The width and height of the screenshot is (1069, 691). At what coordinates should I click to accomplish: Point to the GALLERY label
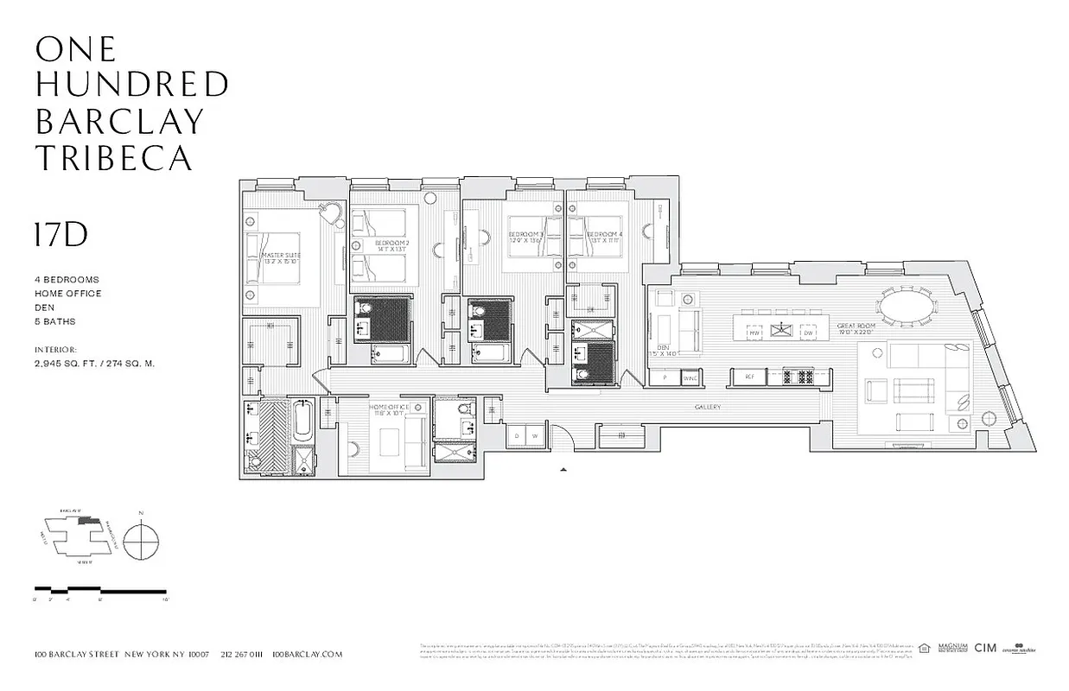click(706, 408)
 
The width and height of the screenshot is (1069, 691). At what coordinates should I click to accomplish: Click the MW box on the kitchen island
click(754, 333)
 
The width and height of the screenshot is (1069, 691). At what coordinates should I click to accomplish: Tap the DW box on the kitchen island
click(808, 333)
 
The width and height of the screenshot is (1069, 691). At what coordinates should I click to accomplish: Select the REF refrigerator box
click(749, 377)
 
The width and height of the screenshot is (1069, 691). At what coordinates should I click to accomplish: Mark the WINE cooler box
click(689, 377)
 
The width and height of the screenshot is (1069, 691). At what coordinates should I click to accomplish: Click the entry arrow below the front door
click(563, 469)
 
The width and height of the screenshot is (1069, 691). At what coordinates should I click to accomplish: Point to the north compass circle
click(141, 542)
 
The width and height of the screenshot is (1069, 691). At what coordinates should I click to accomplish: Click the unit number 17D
click(61, 235)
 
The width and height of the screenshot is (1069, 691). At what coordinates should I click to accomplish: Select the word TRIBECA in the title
click(113, 157)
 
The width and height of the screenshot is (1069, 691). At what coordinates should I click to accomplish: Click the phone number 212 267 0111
click(241, 655)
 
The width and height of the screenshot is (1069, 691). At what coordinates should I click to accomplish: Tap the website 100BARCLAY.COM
click(307, 655)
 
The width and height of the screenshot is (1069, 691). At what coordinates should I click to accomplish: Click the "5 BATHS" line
click(55, 321)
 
